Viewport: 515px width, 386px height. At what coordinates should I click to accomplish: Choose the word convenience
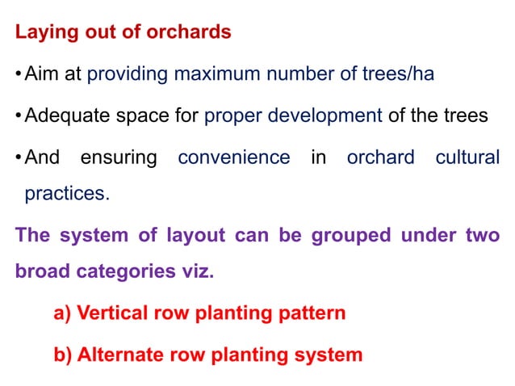coord(234,157)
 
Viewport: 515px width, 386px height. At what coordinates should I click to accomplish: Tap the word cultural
coord(467,157)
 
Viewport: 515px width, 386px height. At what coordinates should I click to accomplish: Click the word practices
coord(65,195)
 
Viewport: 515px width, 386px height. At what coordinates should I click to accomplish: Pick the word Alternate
coord(118,355)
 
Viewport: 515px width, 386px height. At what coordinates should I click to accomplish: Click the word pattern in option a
coord(314,313)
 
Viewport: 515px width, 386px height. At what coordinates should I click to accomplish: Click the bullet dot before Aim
coord(19,75)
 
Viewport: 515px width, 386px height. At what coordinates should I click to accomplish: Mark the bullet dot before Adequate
coord(19,115)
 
